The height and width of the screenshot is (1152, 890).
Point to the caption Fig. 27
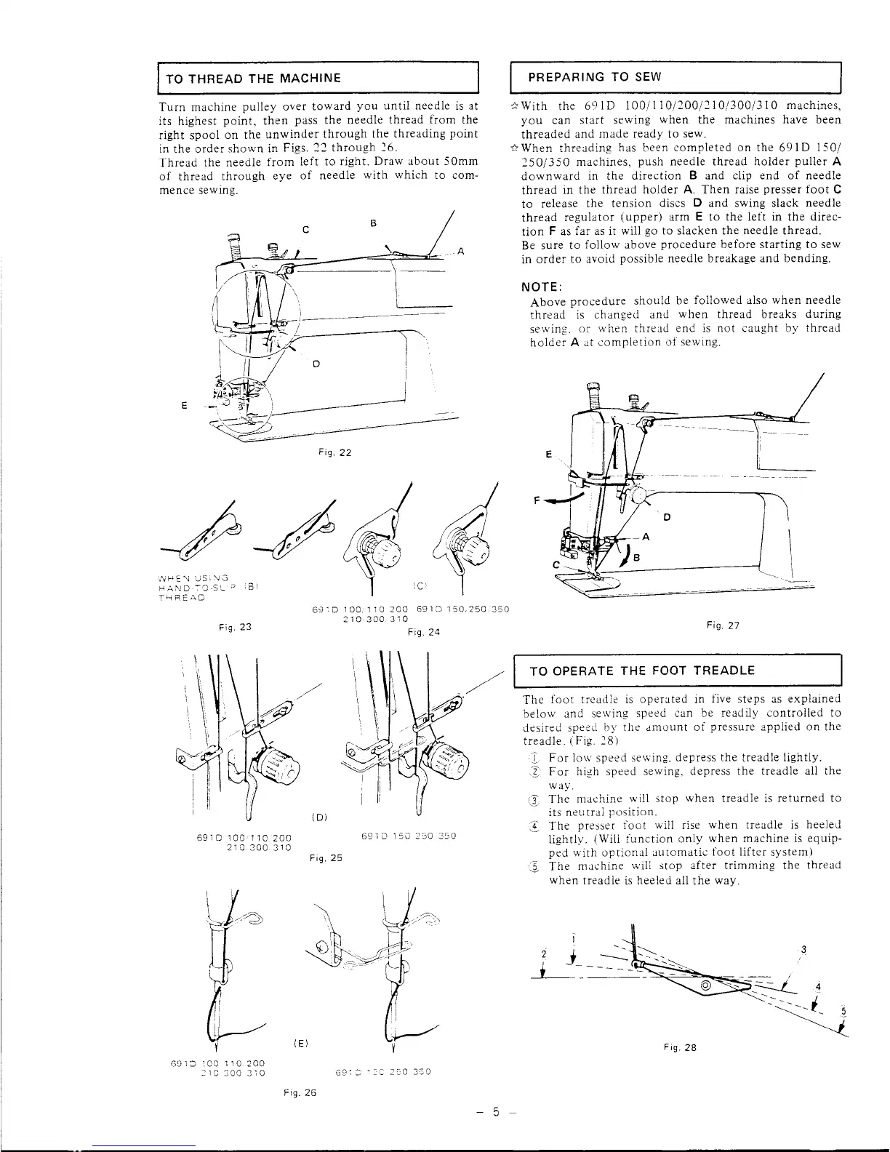click(722, 625)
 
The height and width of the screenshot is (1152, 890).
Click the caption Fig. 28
click(681, 1048)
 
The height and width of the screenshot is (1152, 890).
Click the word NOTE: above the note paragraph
click(541, 285)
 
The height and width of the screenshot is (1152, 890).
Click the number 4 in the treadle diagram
click(819, 987)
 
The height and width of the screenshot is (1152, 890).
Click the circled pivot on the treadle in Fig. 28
click(705, 985)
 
